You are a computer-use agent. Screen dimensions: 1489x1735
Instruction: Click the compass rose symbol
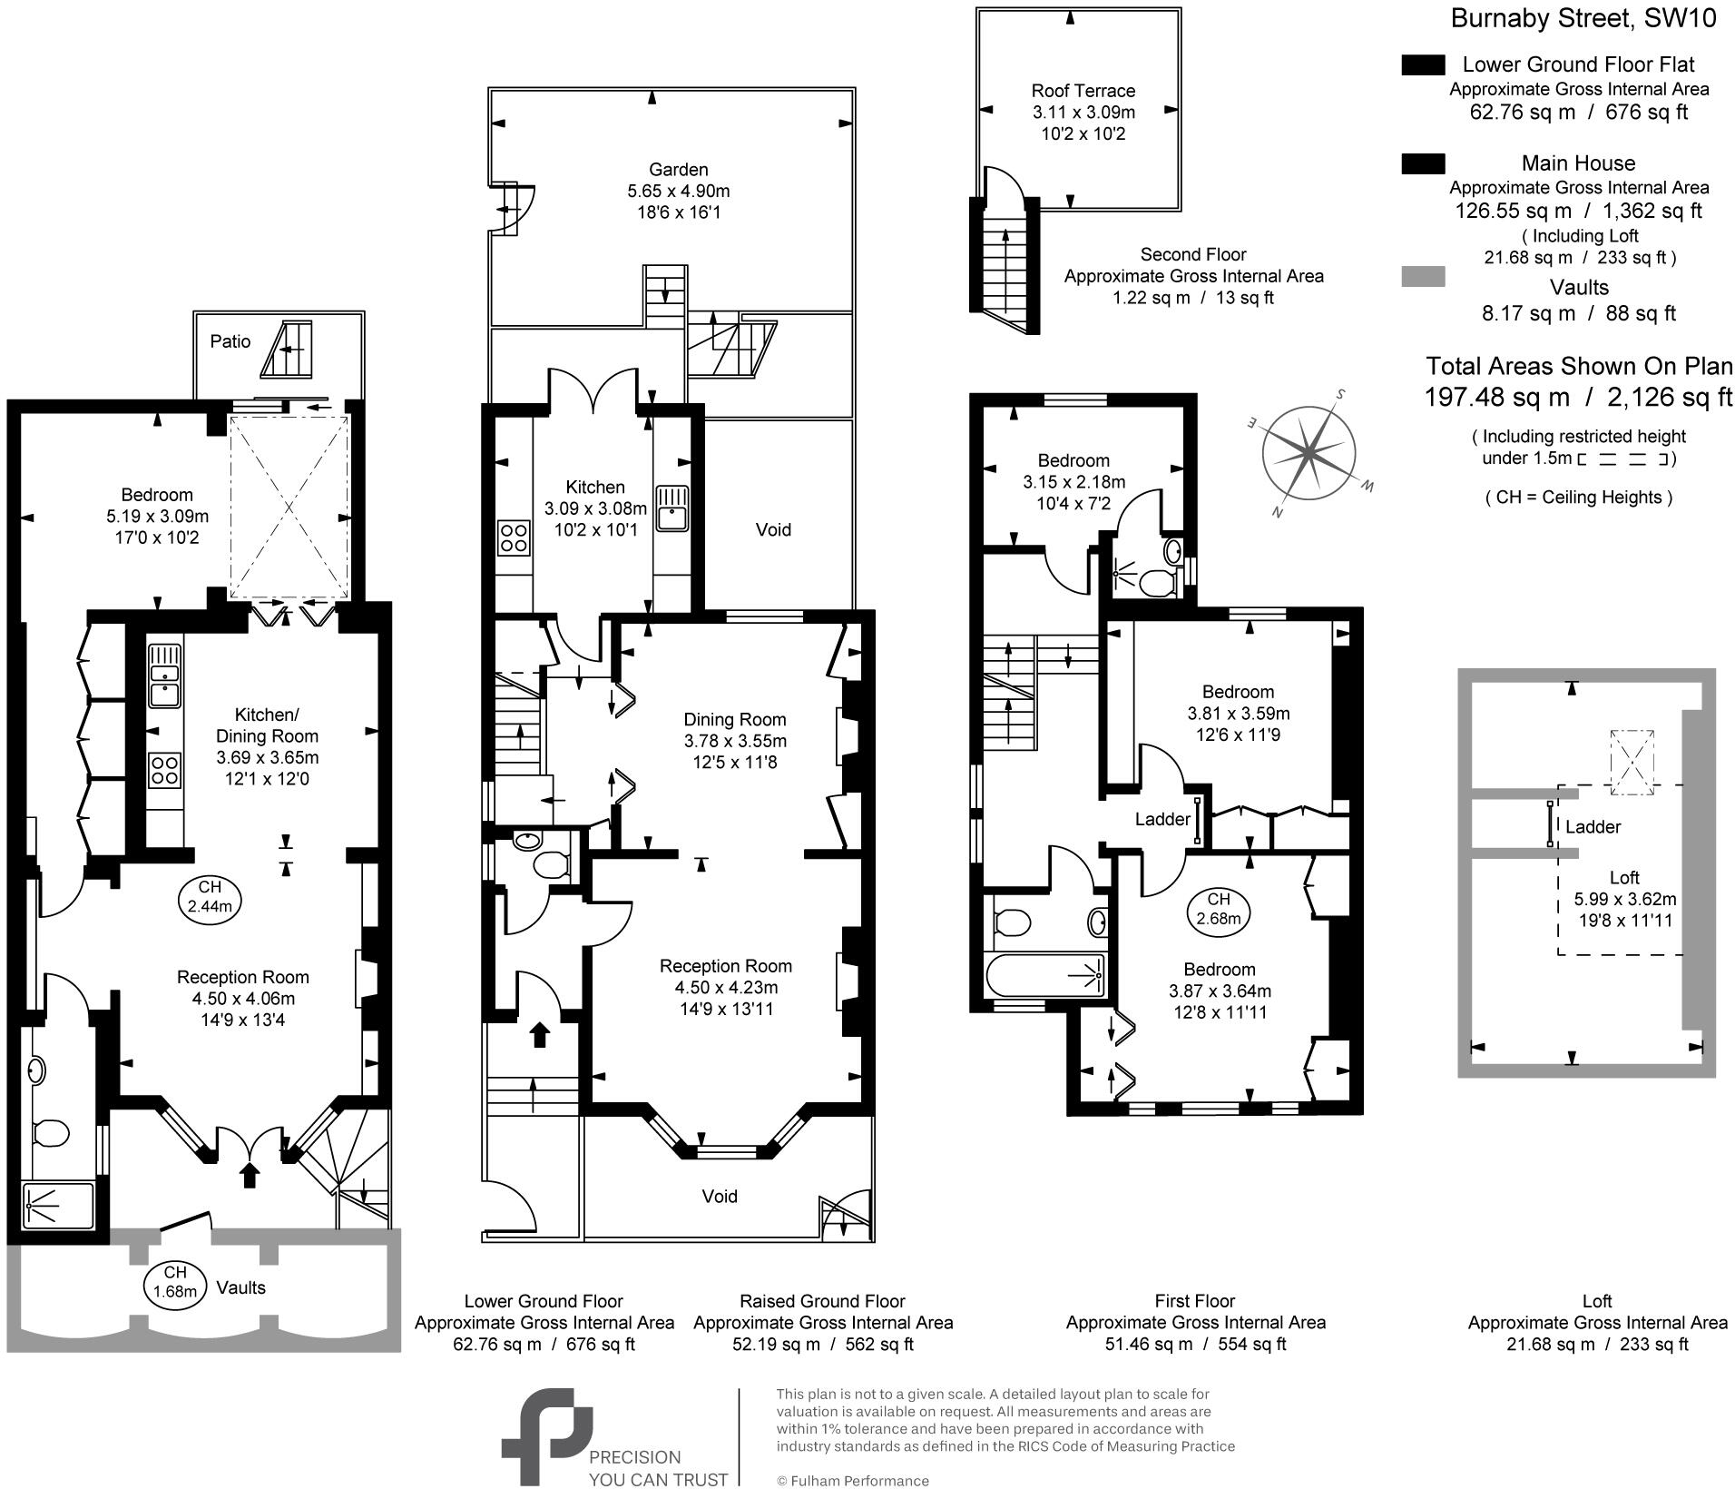1309,452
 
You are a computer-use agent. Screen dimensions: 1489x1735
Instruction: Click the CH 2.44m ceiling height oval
210,896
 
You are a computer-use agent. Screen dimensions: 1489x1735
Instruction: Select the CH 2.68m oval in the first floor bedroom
1218,908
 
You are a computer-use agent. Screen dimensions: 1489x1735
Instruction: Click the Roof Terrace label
1083,91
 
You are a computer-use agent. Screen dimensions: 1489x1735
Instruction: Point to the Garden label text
678,170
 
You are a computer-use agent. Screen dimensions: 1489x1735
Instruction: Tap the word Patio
230,341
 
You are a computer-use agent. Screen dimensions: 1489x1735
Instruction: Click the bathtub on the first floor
1045,975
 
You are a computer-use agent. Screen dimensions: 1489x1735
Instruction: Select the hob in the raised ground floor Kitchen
514,536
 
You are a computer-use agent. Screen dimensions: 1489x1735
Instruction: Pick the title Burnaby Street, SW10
1583,19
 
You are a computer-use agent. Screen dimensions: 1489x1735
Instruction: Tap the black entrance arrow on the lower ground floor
250,1175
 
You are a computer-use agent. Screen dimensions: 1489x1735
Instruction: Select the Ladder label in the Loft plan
1593,827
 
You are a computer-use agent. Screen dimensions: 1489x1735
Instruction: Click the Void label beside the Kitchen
773,529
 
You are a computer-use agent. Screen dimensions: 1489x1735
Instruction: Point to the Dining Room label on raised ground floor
734,719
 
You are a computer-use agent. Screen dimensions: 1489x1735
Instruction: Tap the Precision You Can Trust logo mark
546,1435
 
